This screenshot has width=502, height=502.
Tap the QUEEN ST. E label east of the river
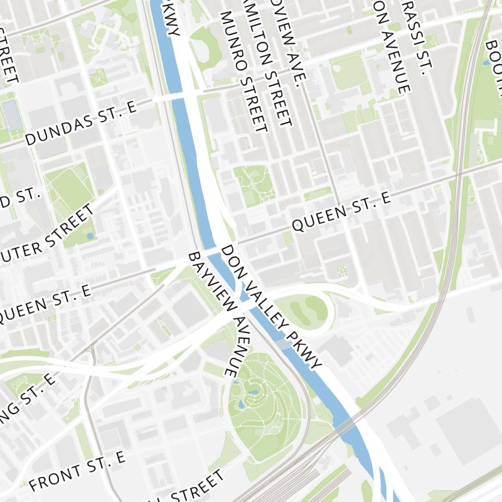[342, 212]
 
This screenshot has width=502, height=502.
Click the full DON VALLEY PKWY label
[271, 306]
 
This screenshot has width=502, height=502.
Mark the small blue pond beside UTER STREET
[90, 236]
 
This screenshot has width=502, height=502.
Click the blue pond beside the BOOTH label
[486, 63]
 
